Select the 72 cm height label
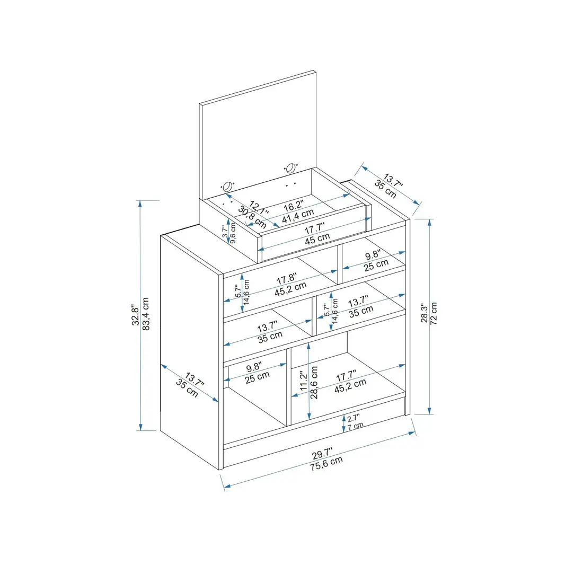pyautogui.click(x=434, y=314)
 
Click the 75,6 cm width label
pyautogui.click(x=326, y=463)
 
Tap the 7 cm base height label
pyautogui.click(x=356, y=426)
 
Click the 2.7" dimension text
pyautogui.click(x=354, y=418)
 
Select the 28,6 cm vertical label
pyautogui.click(x=314, y=382)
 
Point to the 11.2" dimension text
pyautogui.click(x=303, y=381)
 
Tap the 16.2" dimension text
pyautogui.click(x=293, y=205)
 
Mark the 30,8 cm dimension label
pyautogui.click(x=252, y=217)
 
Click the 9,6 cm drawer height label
pyautogui.click(x=233, y=233)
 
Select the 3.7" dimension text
pyautogui.click(x=225, y=232)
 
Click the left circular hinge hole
pyautogui.click(x=228, y=187)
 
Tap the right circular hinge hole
pyautogui.click(x=290, y=168)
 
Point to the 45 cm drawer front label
pyautogui.click(x=317, y=239)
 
